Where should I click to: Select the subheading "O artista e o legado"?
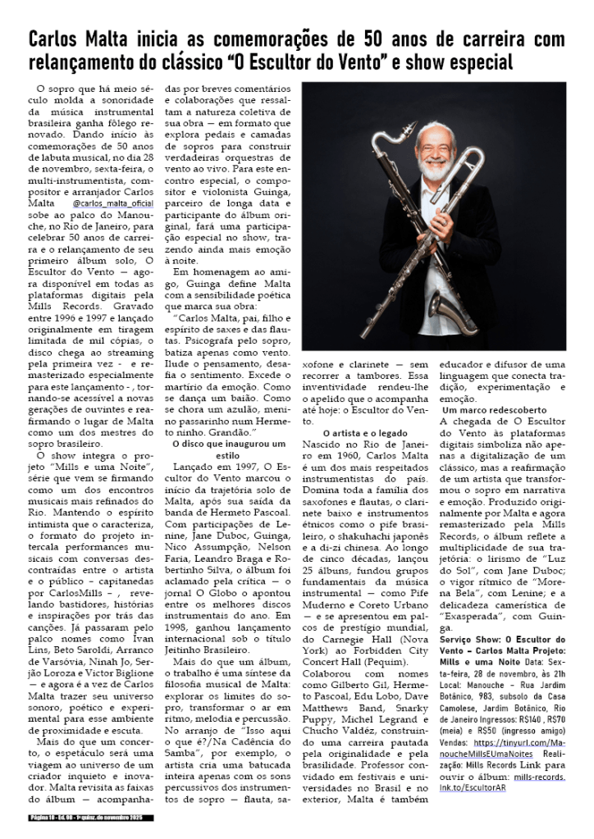coord(363,431)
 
